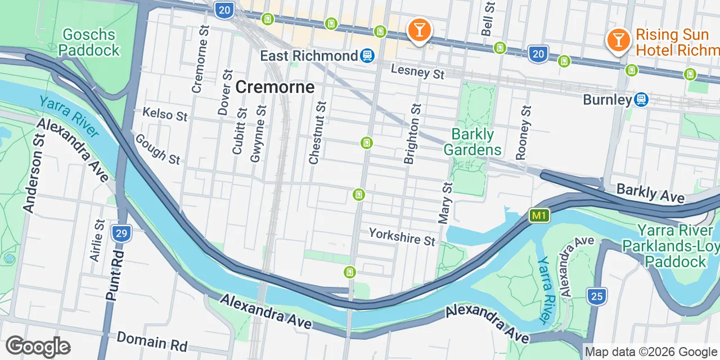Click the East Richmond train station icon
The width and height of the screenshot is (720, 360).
pos(367,56)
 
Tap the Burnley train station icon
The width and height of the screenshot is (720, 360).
pos(640,100)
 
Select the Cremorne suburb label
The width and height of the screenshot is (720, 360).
pos(274,87)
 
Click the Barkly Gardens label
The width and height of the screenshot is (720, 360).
pos(472,142)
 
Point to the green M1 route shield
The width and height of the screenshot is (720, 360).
pos(539,215)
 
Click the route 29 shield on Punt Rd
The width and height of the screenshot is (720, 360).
pos(119,233)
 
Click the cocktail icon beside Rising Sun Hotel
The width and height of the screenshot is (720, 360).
pos(618,40)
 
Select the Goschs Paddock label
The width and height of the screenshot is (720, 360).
pos(89,42)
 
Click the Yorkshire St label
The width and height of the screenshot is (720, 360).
pos(402,236)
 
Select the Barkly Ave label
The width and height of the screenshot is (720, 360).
pos(650,193)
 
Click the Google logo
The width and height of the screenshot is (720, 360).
pos(38,347)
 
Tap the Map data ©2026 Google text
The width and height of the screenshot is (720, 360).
pos(651,352)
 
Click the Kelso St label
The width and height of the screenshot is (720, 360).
pos(164,115)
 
